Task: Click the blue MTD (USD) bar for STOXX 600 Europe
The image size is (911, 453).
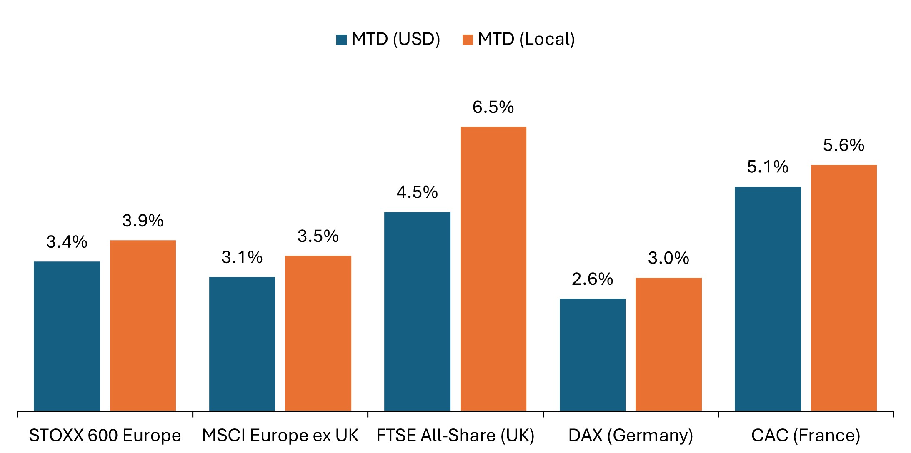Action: click(x=67, y=336)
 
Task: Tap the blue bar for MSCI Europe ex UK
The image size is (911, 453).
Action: click(x=242, y=343)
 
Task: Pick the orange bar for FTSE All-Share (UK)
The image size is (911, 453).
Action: click(x=493, y=269)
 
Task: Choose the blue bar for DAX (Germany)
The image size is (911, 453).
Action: click(x=593, y=354)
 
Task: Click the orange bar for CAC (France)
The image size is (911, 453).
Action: click(x=844, y=288)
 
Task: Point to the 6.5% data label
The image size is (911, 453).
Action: click(x=493, y=107)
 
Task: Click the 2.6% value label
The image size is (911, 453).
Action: click(x=592, y=279)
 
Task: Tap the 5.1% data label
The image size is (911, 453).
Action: click(x=768, y=167)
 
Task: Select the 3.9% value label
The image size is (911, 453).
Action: click(x=143, y=221)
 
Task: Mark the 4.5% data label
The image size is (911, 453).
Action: click(x=417, y=192)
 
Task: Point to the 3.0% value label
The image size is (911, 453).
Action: click(x=668, y=258)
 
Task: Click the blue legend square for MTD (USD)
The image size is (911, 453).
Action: click(x=342, y=40)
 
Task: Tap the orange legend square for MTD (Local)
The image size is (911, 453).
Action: click(x=468, y=40)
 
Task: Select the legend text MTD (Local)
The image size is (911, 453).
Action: click(x=526, y=39)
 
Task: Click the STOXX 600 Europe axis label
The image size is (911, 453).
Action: click(x=105, y=436)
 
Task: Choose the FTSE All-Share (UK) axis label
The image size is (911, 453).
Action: click(x=455, y=436)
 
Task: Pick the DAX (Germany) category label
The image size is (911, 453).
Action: click(x=631, y=436)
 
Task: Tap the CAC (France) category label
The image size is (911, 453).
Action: click(x=806, y=436)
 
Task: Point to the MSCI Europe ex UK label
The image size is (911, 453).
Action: click(x=280, y=436)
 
